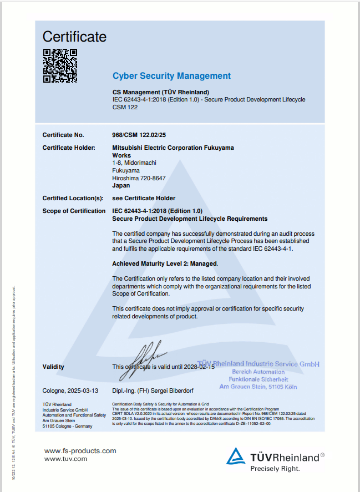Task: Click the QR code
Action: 60,65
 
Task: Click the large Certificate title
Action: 74,37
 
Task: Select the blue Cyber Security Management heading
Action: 171,76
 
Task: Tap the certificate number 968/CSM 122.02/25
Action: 139,135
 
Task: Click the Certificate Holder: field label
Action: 69,148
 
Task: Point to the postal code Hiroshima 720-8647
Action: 139,178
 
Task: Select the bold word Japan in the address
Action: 121,186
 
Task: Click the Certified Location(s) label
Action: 73,198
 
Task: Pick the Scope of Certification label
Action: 74,211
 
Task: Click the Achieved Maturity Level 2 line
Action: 165,263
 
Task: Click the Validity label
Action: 53,367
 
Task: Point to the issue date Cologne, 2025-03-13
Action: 71,390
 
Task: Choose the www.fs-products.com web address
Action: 80,450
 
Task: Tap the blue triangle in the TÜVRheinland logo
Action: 236,456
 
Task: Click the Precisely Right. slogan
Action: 275,468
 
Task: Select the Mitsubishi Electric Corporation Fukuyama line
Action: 173,148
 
